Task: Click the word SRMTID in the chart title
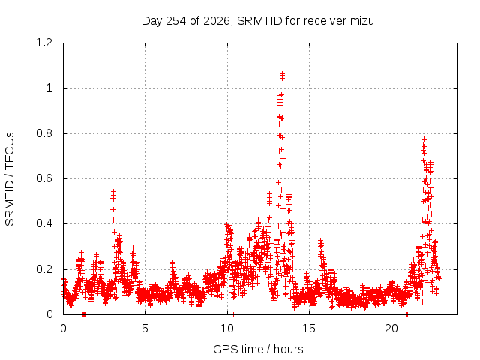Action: (x=259, y=21)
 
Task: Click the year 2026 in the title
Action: (x=217, y=21)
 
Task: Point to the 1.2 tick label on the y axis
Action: (x=44, y=43)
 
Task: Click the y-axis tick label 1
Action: (x=49, y=88)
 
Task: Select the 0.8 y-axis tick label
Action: (x=44, y=133)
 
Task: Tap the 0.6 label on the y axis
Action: (x=44, y=178)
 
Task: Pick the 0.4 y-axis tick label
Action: (x=44, y=223)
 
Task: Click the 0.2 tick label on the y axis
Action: (x=44, y=269)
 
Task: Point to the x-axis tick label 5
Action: (x=145, y=328)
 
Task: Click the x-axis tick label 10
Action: (x=227, y=328)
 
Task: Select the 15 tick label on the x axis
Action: (x=309, y=328)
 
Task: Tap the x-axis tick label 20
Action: (x=391, y=328)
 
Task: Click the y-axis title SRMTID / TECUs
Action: (x=10, y=179)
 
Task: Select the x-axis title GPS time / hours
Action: (x=258, y=349)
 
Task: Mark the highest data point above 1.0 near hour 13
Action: (x=282, y=73)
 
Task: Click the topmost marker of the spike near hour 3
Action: (x=113, y=192)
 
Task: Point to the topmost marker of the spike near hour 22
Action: (x=424, y=139)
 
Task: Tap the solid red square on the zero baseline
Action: (x=85, y=315)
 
